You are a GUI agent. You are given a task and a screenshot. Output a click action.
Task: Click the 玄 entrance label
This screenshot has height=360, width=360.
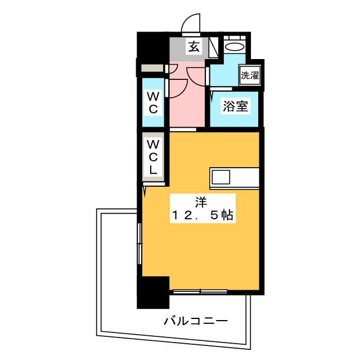[193, 47]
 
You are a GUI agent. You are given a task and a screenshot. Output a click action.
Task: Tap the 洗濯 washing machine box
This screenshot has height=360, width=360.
[250, 75]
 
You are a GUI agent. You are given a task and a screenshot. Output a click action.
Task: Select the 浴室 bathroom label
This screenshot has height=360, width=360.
[236, 106]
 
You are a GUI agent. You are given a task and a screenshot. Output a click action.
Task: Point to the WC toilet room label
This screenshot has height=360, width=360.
[153, 102]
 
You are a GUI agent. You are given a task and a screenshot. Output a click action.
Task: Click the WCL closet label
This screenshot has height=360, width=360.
[153, 157]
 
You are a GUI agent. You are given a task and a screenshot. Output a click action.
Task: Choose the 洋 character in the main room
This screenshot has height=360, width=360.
[201, 202]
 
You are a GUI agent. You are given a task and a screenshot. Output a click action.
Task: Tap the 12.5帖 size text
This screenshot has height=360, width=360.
[202, 215]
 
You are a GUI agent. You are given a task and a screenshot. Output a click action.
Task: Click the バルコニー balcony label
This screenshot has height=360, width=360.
[196, 321]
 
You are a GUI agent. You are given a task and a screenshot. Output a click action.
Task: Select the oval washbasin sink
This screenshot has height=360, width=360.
[235, 47]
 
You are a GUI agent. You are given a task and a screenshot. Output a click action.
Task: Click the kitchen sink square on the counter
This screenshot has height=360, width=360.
[220, 177]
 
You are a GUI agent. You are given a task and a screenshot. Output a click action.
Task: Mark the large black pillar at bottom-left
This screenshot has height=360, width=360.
[153, 292]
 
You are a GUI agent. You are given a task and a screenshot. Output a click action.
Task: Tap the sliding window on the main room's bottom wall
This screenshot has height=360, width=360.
[200, 292]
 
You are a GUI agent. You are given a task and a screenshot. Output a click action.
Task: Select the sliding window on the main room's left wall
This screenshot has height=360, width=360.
[139, 244]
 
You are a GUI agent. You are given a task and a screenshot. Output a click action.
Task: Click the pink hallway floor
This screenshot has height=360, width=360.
[187, 101]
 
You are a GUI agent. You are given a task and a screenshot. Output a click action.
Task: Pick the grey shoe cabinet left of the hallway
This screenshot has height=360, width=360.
[152, 68]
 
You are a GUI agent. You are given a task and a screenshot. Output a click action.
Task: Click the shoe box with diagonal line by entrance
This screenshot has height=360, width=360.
[214, 47]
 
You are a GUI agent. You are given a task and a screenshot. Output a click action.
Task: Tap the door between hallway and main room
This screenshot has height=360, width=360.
[183, 130]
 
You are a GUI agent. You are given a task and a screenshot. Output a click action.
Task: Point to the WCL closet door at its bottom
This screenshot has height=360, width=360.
[154, 184]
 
